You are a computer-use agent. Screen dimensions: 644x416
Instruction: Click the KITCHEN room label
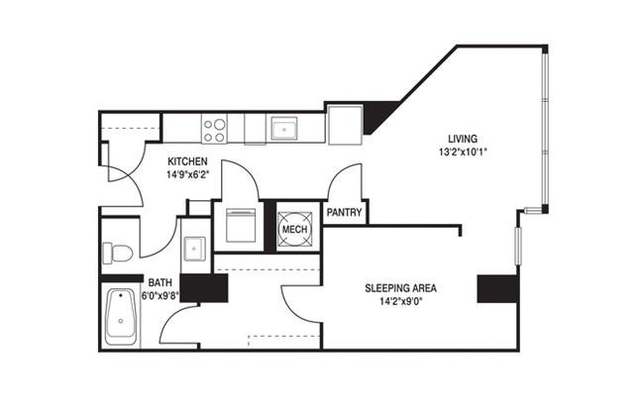coord(187,161)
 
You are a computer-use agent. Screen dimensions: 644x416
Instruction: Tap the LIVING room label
coord(463,139)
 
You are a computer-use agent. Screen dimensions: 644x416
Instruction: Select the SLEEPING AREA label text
coord(400,288)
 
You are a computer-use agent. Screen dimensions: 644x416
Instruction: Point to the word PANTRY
coord(344,212)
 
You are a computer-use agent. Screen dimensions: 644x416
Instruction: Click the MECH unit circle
coord(295,229)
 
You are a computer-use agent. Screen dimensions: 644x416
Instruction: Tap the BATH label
coord(161,282)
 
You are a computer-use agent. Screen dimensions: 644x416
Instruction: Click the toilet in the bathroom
coord(118,253)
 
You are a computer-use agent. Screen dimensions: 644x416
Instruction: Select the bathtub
coord(121,317)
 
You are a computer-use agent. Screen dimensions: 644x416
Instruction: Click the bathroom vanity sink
coord(194,249)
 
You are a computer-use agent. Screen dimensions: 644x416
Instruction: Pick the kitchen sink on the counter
coord(283,129)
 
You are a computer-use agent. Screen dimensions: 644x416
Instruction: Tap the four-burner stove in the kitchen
coord(214,130)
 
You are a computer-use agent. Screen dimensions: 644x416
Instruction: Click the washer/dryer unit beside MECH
coord(241,226)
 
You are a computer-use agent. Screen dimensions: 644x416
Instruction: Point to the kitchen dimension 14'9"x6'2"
coord(187,174)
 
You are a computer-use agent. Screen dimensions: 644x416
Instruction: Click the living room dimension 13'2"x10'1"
coord(463,152)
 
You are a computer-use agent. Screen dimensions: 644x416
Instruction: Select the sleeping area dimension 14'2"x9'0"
coord(401,301)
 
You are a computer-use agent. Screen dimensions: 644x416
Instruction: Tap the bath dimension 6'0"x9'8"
coord(161,296)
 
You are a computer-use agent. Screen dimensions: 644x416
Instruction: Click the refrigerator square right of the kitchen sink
coord(345,125)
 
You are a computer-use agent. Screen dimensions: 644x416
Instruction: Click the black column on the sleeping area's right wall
coord(497,289)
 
